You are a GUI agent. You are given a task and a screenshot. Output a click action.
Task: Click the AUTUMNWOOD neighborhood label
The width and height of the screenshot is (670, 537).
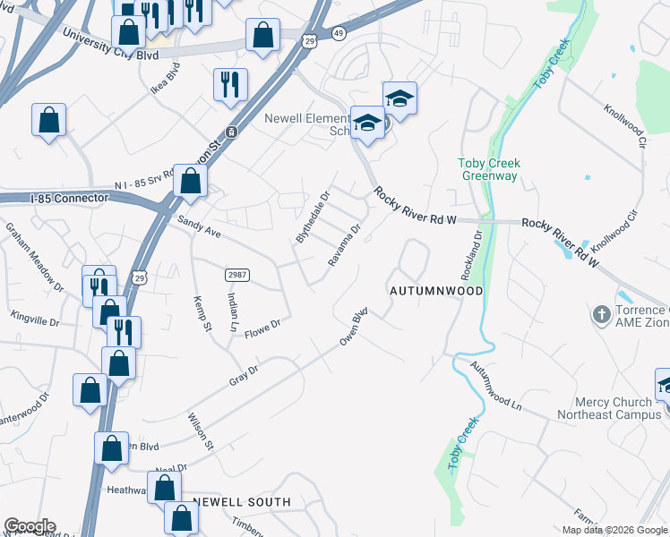click(x=436, y=291)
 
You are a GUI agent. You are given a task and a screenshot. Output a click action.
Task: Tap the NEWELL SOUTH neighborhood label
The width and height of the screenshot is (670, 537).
click(x=242, y=502)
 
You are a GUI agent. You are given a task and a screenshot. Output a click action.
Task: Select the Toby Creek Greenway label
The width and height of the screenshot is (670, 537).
click(x=489, y=170)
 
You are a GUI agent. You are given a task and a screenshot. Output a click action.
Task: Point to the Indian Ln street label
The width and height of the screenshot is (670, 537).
click(x=232, y=312)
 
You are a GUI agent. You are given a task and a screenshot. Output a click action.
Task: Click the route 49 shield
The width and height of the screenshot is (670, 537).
click(x=338, y=33)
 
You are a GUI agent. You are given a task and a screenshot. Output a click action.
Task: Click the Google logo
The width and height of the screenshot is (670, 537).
click(x=30, y=526)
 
